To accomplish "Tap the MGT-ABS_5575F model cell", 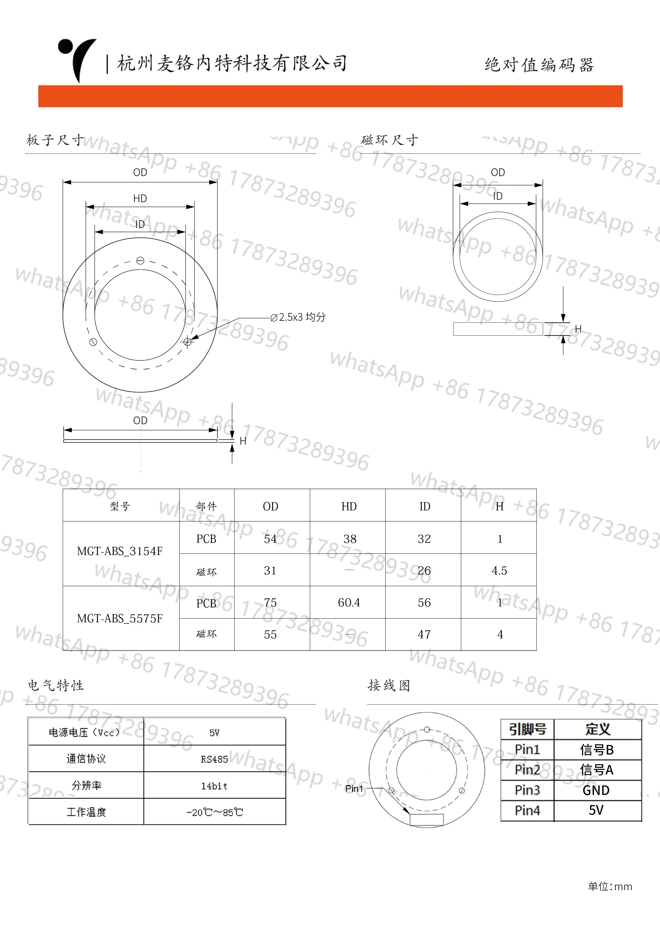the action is tap(120, 618).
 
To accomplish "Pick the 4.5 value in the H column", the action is tap(499, 570).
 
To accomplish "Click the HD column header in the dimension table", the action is tap(349, 506).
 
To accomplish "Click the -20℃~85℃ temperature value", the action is tap(215, 812).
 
